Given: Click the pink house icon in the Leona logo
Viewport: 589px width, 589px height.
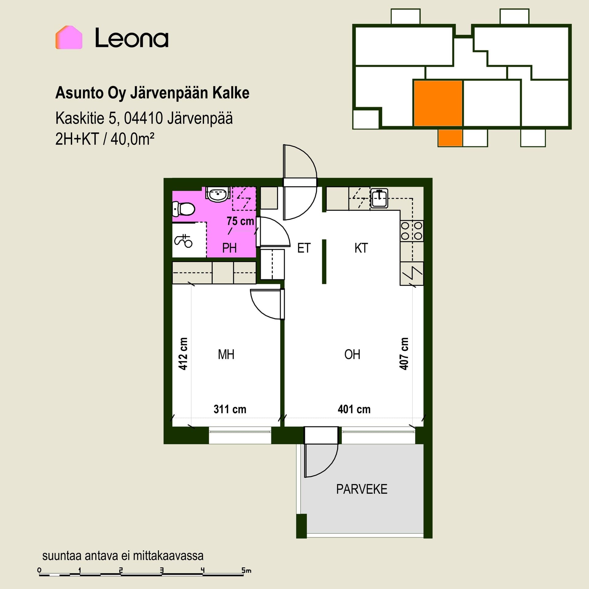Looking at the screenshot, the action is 69,37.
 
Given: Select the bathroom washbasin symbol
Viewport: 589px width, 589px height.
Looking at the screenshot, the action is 218,194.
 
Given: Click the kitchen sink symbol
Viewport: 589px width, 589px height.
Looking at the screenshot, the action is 379,198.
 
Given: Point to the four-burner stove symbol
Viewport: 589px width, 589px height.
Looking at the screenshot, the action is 412,231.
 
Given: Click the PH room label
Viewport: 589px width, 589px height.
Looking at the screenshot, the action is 229,248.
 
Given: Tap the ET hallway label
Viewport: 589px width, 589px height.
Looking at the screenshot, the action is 304,248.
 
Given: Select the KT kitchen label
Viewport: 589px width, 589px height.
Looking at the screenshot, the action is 361,248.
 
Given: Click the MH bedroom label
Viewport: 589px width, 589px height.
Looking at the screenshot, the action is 226,355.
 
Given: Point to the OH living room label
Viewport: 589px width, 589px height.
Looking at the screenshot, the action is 352,355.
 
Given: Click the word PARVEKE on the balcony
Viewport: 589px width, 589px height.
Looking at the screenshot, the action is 362,489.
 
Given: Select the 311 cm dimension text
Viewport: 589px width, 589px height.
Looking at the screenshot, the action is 230,409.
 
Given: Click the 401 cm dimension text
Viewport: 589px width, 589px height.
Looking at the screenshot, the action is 354,409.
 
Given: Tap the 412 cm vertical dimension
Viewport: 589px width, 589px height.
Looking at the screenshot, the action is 183,354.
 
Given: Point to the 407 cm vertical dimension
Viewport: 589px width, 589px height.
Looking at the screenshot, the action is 404,354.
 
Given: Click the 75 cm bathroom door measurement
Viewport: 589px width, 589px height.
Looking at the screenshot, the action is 240,221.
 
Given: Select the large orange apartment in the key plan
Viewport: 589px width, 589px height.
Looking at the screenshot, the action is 438,103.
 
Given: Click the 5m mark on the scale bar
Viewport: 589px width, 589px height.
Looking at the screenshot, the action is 246,571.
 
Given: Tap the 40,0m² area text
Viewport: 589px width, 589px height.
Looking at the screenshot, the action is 133,139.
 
